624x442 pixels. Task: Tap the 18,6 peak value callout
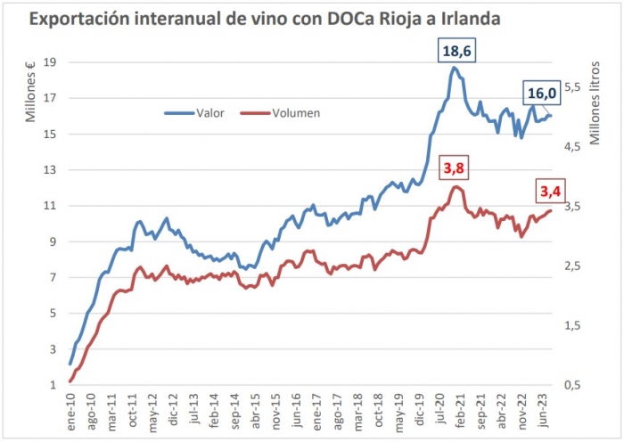pos(458,51)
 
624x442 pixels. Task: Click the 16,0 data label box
pos(542,94)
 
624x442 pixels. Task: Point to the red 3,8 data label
pos(456,168)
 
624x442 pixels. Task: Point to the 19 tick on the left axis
pos(51,62)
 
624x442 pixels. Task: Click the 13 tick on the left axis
pos(51,170)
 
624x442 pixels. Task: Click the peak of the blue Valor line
pos(455,68)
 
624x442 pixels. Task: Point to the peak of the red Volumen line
pos(456,186)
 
